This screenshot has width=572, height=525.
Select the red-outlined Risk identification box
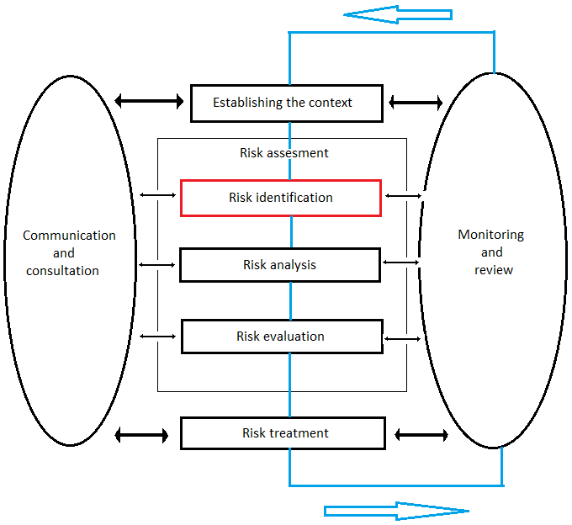281,198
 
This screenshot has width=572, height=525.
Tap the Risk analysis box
280,265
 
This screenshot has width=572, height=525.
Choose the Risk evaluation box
282,337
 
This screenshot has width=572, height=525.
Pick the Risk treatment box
283,433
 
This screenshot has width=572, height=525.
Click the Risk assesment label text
284,153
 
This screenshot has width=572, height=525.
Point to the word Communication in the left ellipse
69,236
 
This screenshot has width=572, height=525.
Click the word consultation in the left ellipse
63,271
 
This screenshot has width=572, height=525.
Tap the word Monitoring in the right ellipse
490,235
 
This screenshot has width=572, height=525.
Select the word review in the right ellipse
493,270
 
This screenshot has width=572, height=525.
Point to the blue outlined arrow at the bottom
395,511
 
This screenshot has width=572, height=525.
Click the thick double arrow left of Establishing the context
149,102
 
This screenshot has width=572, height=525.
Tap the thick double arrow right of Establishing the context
416,103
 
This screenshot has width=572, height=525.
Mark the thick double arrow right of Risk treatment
421,435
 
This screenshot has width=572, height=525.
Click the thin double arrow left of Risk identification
157,195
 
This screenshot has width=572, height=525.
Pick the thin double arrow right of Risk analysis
400,262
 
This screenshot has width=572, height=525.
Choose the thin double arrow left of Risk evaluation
157,337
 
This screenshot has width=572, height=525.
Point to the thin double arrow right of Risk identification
403,196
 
